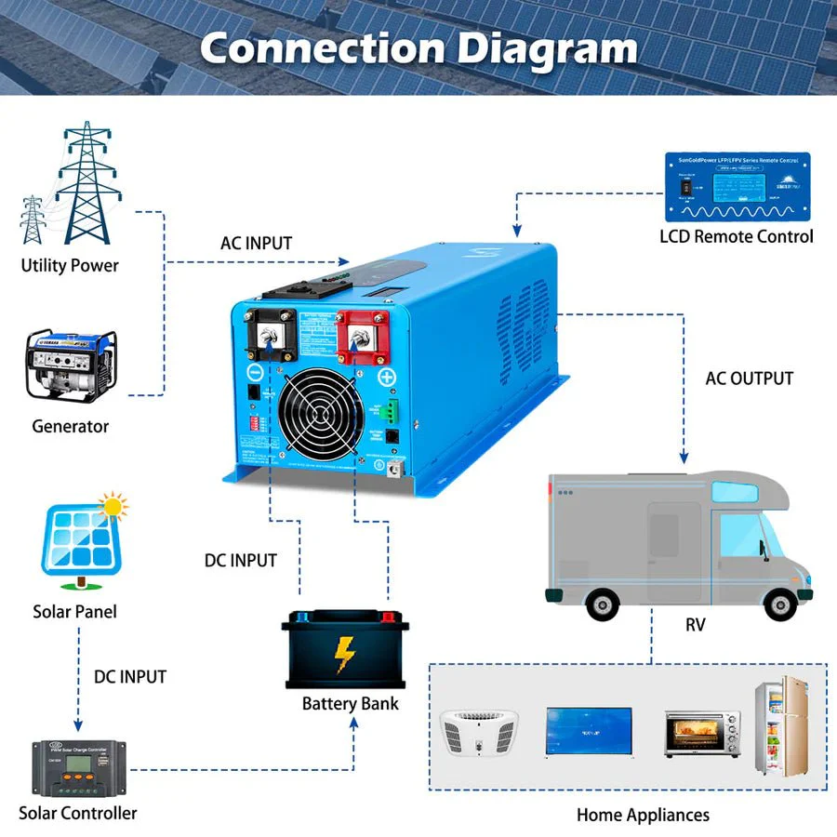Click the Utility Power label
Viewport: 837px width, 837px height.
(x=70, y=265)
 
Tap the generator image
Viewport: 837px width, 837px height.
(x=71, y=365)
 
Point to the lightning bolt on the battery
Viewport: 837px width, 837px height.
(x=345, y=654)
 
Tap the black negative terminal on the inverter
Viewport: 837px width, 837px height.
(x=271, y=339)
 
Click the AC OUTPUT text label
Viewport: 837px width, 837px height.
(x=749, y=379)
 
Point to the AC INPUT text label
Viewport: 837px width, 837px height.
(x=256, y=244)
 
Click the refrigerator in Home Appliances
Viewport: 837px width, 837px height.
(x=782, y=725)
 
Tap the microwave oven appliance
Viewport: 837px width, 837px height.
(x=702, y=733)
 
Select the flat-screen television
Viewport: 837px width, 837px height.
(x=589, y=731)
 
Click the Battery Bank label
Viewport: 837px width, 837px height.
(x=350, y=704)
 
